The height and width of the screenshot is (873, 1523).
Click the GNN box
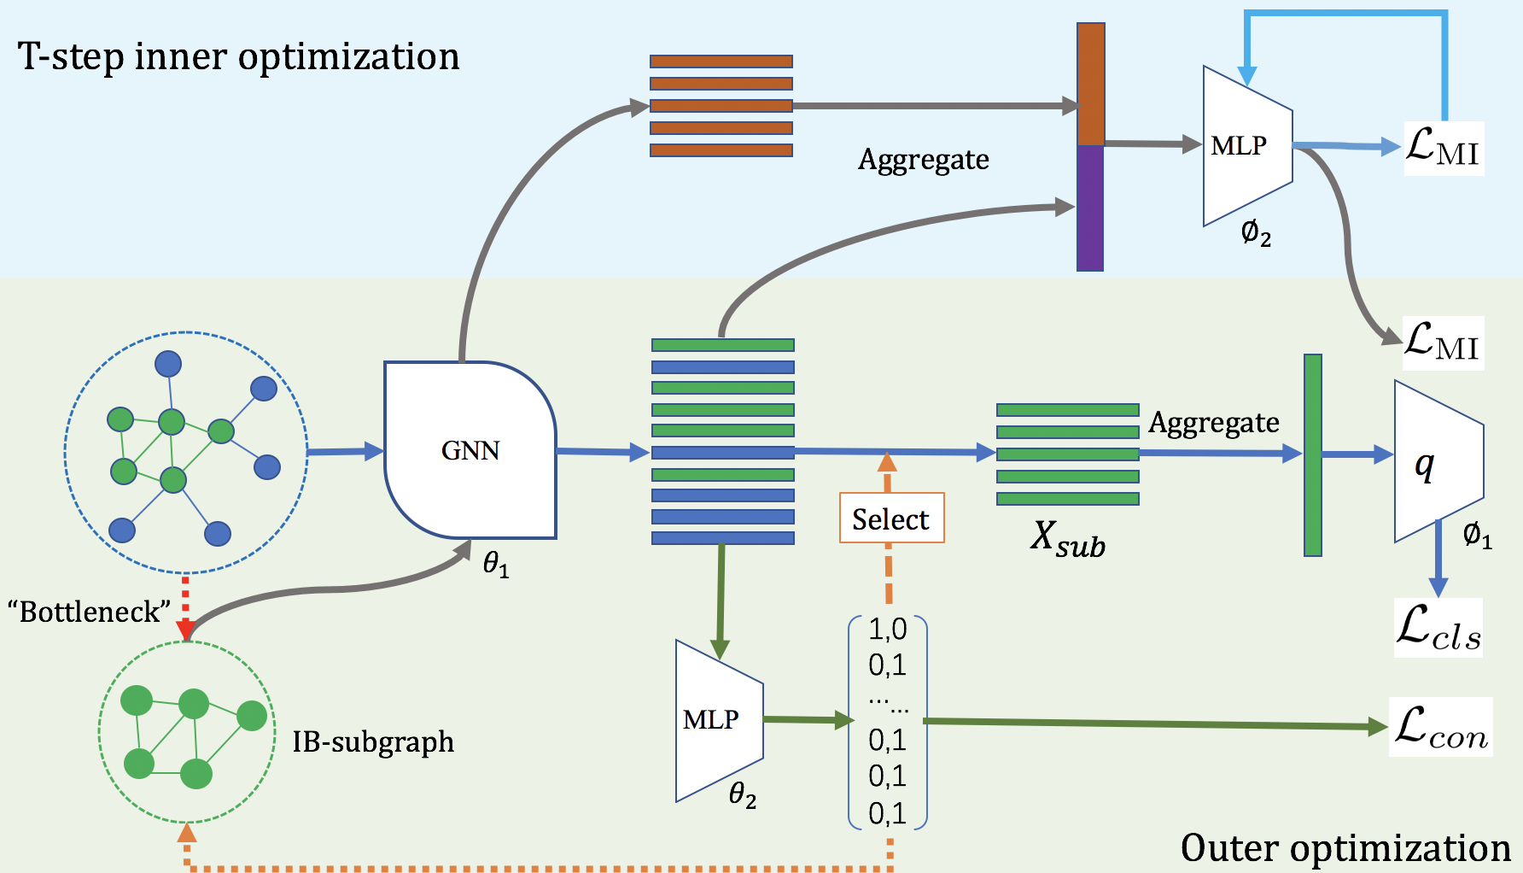(470, 450)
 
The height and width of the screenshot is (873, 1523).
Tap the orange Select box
(891, 519)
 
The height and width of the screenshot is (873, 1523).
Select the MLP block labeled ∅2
(1246, 146)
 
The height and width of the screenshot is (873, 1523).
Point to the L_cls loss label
(1438, 628)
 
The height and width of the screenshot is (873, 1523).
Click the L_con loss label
(1441, 728)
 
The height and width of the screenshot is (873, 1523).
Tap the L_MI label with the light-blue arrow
(1443, 149)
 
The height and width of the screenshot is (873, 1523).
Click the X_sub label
(1067, 539)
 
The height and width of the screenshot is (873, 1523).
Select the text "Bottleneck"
(89, 612)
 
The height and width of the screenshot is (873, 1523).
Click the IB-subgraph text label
(373, 741)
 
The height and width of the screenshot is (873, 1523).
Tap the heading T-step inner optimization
(238, 56)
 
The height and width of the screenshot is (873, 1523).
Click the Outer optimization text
(1345, 847)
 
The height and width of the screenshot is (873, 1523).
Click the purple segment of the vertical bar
(1090, 208)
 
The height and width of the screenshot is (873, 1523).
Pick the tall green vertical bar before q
(1313, 454)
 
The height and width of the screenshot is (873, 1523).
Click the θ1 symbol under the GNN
(496, 564)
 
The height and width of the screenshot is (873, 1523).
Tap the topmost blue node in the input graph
(168, 364)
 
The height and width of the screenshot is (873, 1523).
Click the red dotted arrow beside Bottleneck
(185, 607)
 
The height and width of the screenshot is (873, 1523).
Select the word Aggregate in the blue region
(923, 160)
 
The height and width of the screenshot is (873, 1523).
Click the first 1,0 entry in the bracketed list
(887, 630)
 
